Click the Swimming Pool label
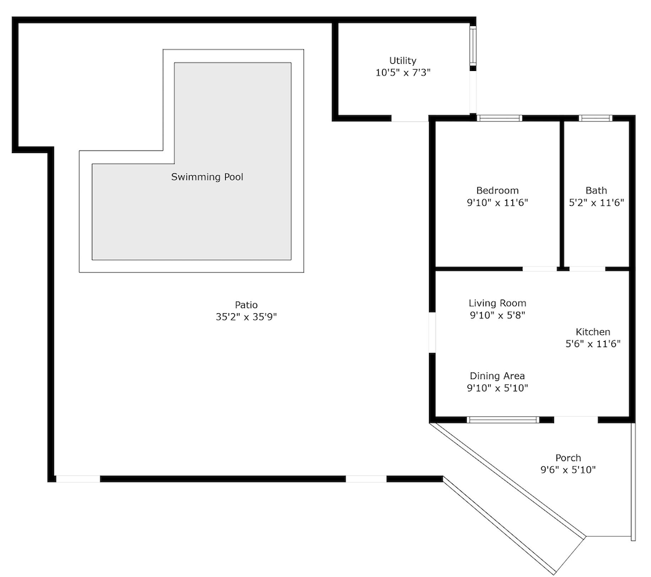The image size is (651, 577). coord(207,177)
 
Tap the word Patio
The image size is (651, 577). coord(246,305)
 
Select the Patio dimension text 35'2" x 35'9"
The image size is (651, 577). coord(246,317)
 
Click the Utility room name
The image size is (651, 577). coord(403,61)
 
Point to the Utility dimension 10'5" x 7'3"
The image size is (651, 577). coord(403,73)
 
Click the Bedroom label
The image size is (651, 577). coord(497,191)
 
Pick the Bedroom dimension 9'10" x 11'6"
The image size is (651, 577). coord(497,203)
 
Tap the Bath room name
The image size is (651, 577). coord(596,191)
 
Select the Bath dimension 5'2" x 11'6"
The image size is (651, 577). coord(596,203)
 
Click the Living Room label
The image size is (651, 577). coord(497,303)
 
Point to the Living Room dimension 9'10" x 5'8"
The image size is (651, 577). coord(497,315)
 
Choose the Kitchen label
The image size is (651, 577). coord(593,332)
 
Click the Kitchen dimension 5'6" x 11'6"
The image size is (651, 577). coord(593,344)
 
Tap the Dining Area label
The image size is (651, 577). coord(497,376)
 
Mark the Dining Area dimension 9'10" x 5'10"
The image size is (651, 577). coord(497,388)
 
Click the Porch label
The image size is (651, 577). coord(568,458)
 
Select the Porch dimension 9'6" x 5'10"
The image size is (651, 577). coord(568,470)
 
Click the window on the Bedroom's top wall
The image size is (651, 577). coord(499,119)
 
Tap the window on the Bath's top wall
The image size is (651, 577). coord(596,119)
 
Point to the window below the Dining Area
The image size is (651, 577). coord(503,419)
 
